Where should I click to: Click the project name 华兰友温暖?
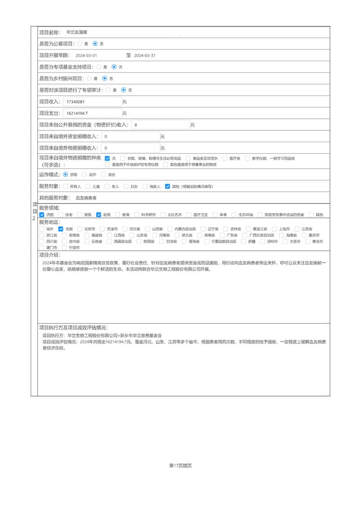pyautogui.click(x=76, y=32)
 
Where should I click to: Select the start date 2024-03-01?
pyautogui.click(x=86, y=55)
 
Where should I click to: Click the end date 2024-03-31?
pyautogui.click(x=144, y=55)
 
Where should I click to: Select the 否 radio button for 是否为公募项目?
pyautogui.click(x=95, y=44)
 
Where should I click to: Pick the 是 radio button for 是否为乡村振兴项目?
pyautogui.click(x=89, y=78)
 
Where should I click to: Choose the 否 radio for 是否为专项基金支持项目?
pyautogui.click(x=114, y=67)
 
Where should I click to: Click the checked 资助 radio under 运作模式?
pyautogui.click(x=65, y=174)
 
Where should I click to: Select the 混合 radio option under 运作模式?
pyautogui.click(x=103, y=174)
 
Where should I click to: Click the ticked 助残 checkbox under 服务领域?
pyautogui.click(x=99, y=215)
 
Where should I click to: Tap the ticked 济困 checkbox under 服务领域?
pyautogui.click(x=42, y=215)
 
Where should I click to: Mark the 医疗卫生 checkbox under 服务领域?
pyautogui.click(x=189, y=215)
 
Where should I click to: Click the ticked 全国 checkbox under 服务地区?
pyautogui.click(x=61, y=229)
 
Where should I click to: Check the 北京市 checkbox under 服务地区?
pyautogui.click(x=80, y=229)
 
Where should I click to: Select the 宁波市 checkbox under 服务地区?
pyautogui.click(x=64, y=248)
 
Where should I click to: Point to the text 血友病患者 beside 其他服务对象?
pyautogui.click(x=86, y=198)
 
